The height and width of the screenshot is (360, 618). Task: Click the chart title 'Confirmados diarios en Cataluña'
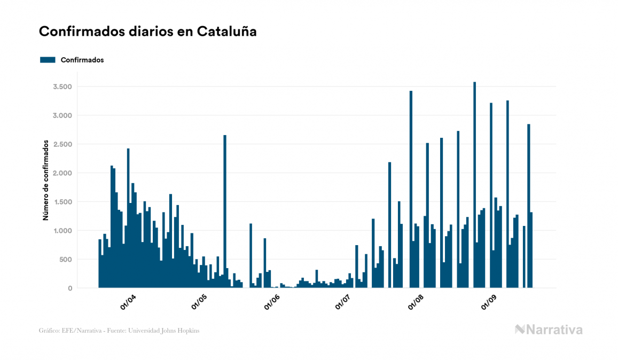coord(148,32)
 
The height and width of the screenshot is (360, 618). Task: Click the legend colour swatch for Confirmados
coord(48,60)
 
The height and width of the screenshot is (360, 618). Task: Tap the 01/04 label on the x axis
coord(128,302)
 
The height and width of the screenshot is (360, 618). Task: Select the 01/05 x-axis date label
coord(199,302)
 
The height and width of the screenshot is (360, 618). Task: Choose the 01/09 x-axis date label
coord(489,302)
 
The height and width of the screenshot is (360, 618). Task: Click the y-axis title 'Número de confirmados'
coord(46,181)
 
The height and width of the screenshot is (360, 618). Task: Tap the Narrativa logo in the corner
coord(549,330)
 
